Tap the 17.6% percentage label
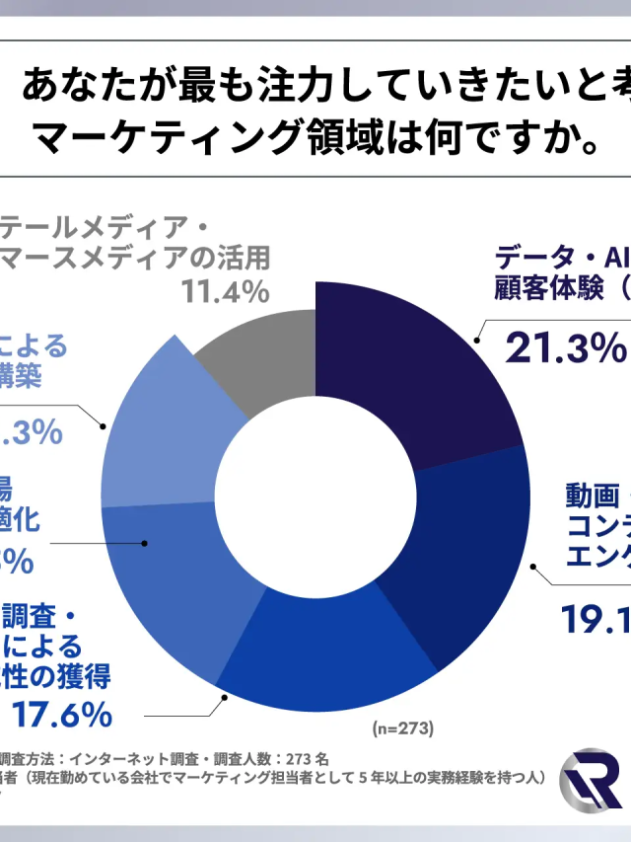61,713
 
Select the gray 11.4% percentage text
225,292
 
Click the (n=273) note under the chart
403,729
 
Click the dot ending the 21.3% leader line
476,341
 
